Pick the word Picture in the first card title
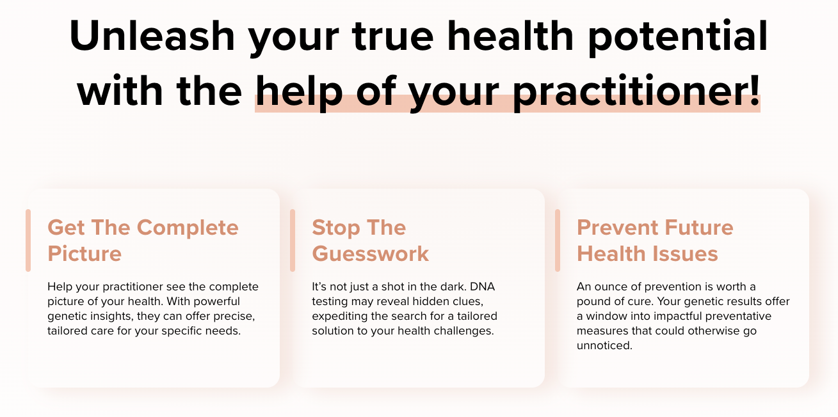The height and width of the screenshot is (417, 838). [85, 254]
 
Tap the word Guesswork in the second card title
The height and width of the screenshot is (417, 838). [371, 254]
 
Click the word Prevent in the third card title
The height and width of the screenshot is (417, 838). [618, 228]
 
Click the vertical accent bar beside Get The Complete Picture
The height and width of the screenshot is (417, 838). [28, 240]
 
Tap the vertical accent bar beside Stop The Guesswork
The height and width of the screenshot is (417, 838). [293, 240]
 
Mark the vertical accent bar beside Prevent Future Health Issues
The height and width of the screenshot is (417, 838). [558, 240]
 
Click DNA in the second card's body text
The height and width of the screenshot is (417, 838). [483, 287]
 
